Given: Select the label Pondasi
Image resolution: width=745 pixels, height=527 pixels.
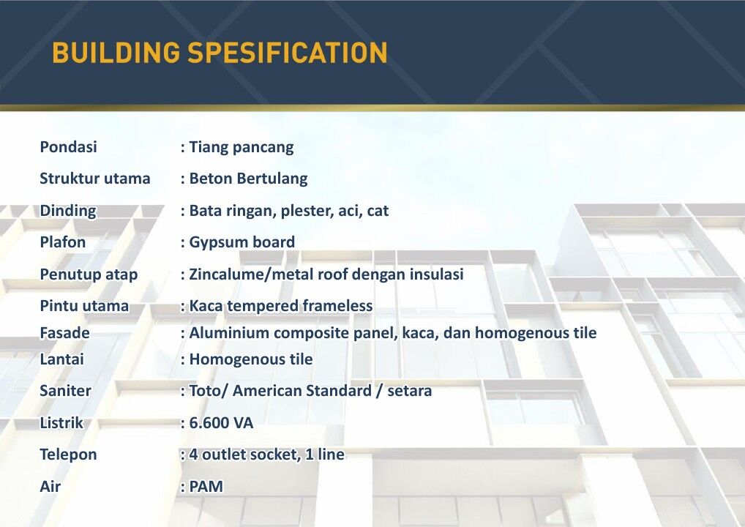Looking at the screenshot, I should [x=68, y=147].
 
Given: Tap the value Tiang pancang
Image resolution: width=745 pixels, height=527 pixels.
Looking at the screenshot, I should [x=242, y=147].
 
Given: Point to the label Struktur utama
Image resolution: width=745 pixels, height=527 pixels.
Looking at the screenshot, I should [x=95, y=179].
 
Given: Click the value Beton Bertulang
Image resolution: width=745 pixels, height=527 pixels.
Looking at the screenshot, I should [x=248, y=179].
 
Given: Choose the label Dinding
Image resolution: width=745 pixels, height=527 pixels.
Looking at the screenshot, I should [x=68, y=211].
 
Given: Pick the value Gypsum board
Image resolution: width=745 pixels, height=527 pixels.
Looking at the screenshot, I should [x=242, y=242].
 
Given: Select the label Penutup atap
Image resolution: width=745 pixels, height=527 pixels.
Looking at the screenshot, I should [x=89, y=274].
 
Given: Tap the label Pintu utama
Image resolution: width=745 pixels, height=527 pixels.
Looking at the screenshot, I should [x=84, y=306].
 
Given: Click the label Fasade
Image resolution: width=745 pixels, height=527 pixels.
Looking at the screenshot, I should [x=65, y=333].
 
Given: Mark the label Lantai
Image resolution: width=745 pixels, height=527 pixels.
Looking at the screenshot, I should [x=62, y=359].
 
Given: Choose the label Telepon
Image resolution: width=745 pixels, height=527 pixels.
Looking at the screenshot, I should [x=68, y=455].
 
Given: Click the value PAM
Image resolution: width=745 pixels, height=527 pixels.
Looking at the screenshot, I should [x=206, y=487].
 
